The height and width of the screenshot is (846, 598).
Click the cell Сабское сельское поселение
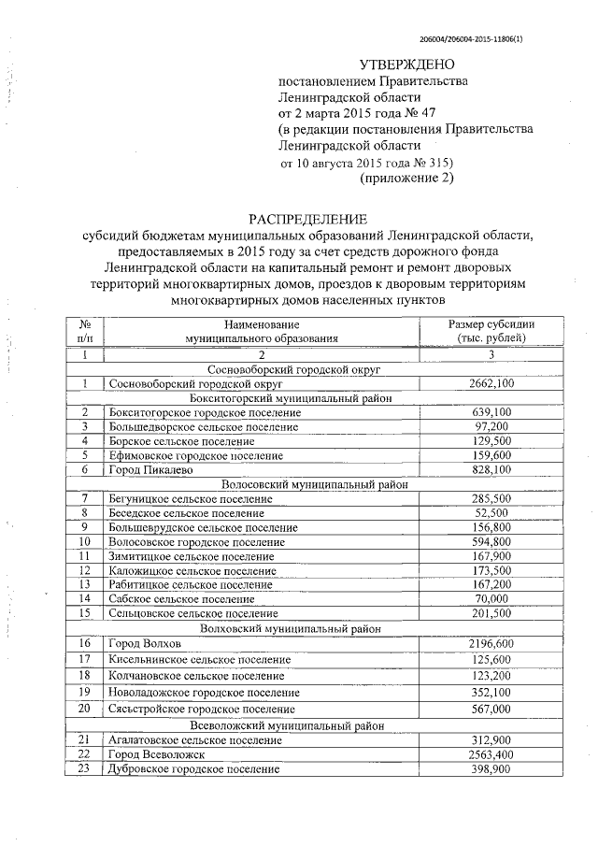click(x=181, y=598)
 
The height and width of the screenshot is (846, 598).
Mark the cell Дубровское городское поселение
click(x=193, y=768)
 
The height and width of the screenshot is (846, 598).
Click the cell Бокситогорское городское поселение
click(x=205, y=412)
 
